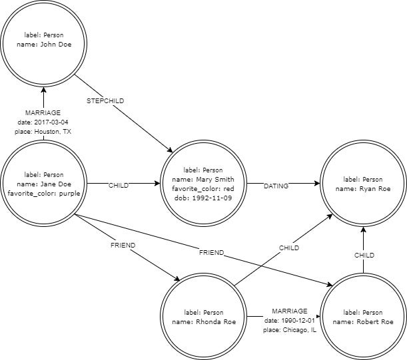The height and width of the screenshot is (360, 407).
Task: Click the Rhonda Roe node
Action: [203, 317]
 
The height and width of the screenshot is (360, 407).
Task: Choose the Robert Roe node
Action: [363, 317]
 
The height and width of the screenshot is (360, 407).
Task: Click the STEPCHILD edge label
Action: [106, 100]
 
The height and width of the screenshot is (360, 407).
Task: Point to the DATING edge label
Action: [276, 186]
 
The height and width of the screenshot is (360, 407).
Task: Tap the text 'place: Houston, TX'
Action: [43, 132]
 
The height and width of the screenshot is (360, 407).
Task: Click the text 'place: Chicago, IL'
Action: [290, 330]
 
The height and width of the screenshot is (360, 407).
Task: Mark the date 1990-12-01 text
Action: [290, 321]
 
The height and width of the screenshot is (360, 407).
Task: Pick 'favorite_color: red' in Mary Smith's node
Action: [203, 189]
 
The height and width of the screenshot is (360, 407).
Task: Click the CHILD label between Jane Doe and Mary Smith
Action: [119, 186]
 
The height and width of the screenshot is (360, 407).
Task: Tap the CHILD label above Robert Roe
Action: [364, 255]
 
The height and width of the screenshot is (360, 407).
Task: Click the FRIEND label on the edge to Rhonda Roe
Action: [123, 246]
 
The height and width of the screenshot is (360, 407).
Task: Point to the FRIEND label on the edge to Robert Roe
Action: [210, 254]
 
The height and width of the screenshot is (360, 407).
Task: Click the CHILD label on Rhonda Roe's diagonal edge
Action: [288, 248]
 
